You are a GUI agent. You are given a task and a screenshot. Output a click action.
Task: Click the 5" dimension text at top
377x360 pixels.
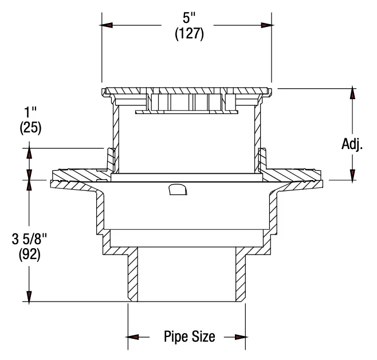[x=189, y=18]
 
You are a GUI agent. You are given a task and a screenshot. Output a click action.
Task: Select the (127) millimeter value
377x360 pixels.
[x=190, y=34]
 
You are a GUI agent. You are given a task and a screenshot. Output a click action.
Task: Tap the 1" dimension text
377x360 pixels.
[x=30, y=112]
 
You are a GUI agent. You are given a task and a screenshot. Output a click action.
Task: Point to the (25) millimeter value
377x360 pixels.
[x=30, y=128]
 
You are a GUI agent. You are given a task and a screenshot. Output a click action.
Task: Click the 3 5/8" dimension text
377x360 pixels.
[x=29, y=239]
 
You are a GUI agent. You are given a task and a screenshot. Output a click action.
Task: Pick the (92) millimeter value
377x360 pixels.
[x=30, y=255]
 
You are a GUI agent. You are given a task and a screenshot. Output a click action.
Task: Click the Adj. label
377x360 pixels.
[x=352, y=145]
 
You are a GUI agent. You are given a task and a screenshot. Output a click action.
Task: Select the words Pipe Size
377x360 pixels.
[x=190, y=336]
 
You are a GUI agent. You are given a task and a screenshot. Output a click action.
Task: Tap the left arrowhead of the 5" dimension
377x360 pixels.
[x=107, y=25]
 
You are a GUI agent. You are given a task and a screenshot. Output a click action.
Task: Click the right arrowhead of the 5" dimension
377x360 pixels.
[x=267, y=25]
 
